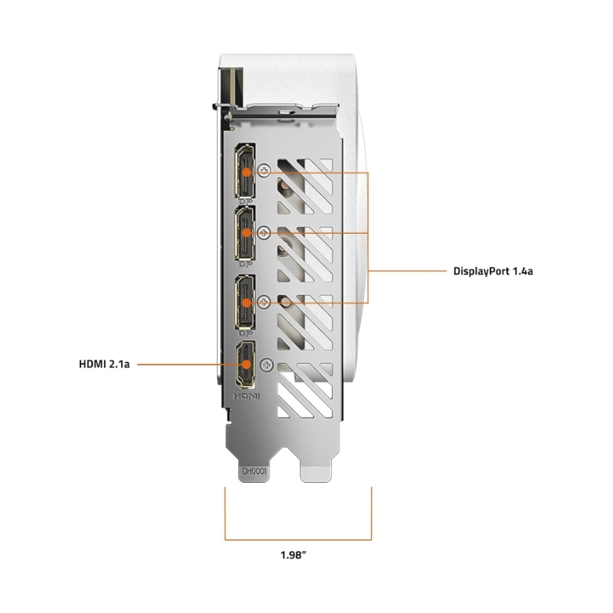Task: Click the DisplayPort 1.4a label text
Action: click(493, 271)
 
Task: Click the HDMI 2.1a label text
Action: click(104, 364)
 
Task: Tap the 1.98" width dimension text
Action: click(293, 555)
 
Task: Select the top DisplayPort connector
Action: click(244, 171)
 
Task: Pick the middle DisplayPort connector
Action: click(244, 234)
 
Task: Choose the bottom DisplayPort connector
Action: click(244, 302)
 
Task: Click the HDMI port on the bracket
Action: click(245, 365)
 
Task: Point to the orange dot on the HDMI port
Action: click(246, 365)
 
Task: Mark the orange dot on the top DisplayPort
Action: click(246, 172)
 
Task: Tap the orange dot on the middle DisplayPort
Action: click(246, 233)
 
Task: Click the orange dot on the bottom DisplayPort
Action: click(246, 303)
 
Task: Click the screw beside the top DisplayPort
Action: click(265, 170)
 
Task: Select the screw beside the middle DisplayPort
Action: click(264, 233)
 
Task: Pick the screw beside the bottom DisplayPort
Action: click(264, 302)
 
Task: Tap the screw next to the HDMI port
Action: click(267, 366)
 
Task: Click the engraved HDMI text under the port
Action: click(247, 396)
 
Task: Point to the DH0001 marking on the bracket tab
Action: click(254, 471)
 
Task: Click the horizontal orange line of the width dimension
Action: click(298, 540)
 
